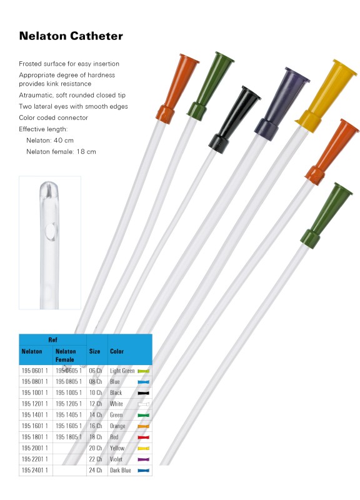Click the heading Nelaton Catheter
71,36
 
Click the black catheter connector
234,119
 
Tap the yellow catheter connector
325,96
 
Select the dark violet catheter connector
281,104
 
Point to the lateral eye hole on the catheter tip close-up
51,231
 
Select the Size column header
94,351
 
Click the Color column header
117,351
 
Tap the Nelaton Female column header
66,355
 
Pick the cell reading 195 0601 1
35,371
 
